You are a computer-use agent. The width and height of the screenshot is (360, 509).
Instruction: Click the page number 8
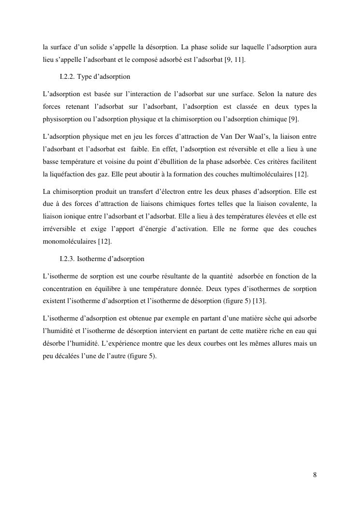click(x=315, y=475)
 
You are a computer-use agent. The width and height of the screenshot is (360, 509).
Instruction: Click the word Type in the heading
click(x=91, y=76)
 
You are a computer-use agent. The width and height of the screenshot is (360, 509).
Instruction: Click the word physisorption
click(x=60, y=119)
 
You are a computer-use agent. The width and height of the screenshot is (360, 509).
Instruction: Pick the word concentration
click(x=63, y=289)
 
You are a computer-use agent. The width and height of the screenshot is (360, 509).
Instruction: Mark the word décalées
click(x=70, y=356)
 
